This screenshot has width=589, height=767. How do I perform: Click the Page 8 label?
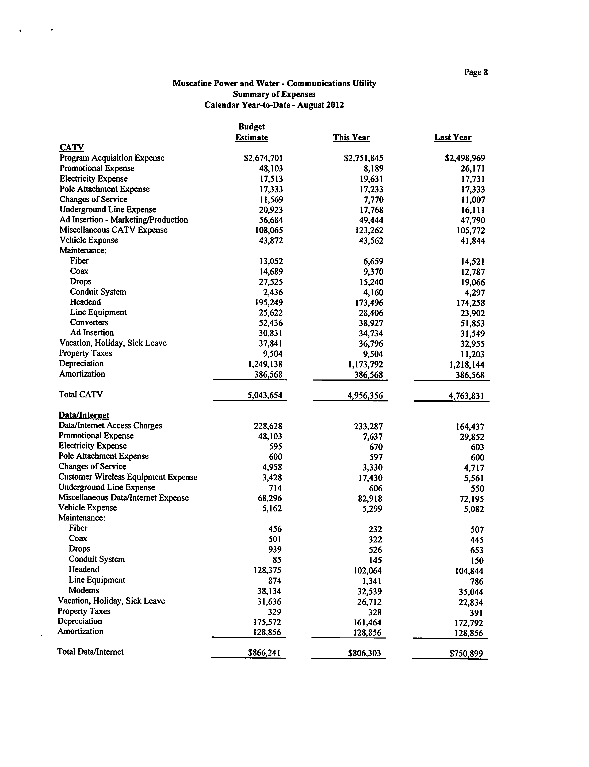(476, 72)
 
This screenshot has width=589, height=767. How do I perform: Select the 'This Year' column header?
(351, 138)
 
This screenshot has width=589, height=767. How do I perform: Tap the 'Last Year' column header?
(453, 138)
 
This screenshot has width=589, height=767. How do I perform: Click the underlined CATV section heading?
(71, 147)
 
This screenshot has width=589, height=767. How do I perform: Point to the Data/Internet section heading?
(84, 415)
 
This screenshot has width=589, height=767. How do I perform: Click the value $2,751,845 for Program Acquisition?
(364, 158)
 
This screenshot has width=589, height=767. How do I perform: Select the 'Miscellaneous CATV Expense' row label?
(113, 230)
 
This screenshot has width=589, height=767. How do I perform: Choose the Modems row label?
(84, 590)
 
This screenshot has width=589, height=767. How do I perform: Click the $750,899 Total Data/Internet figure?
(466, 654)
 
